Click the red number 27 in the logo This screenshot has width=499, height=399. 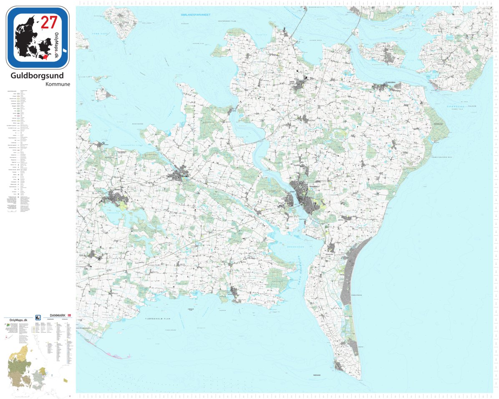pyautogui.click(x=49, y=21)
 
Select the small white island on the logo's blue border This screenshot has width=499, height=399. pyautogui.click(x=65, y=50)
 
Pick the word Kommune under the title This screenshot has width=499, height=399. pyautogui.click(x=58, y=84)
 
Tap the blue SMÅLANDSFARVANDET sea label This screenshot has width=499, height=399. pyautogui.click(x=195, y=15)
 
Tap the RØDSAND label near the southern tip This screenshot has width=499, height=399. pyautogui.click(x=317, y=375)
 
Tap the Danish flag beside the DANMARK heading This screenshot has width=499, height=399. pyautogui.click(x=70, y=316)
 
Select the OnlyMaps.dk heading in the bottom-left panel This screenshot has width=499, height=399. pyautogui.click(x=15, y=319)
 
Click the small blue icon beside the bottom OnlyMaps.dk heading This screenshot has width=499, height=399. pyautogui.click(x=38, y=317)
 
